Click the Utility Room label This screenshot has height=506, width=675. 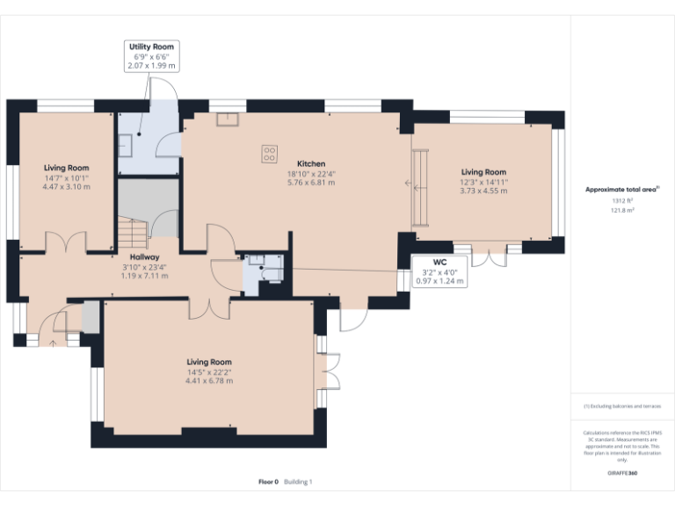(x=152, y=47)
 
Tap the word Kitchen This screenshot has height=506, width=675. (x=311, y=164)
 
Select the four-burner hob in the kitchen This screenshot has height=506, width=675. (x=268, y=153)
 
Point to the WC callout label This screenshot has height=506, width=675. (x=440, y=263)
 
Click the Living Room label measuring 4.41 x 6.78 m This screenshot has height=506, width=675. (x=209, y=362)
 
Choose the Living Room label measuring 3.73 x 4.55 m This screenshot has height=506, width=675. (x=483, y=172)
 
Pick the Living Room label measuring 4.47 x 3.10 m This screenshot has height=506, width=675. (x=67, y=168)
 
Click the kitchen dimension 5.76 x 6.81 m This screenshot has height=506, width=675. (x=311, y=184)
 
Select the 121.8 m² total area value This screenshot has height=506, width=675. (x=622, y=210)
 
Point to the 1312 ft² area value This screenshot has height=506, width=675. (x=622, y=201)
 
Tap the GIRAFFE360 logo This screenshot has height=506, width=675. (x=622, y=473)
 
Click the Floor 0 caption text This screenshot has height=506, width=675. (x=268, y=481)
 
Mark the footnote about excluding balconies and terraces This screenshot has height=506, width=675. (x=622, y=407)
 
